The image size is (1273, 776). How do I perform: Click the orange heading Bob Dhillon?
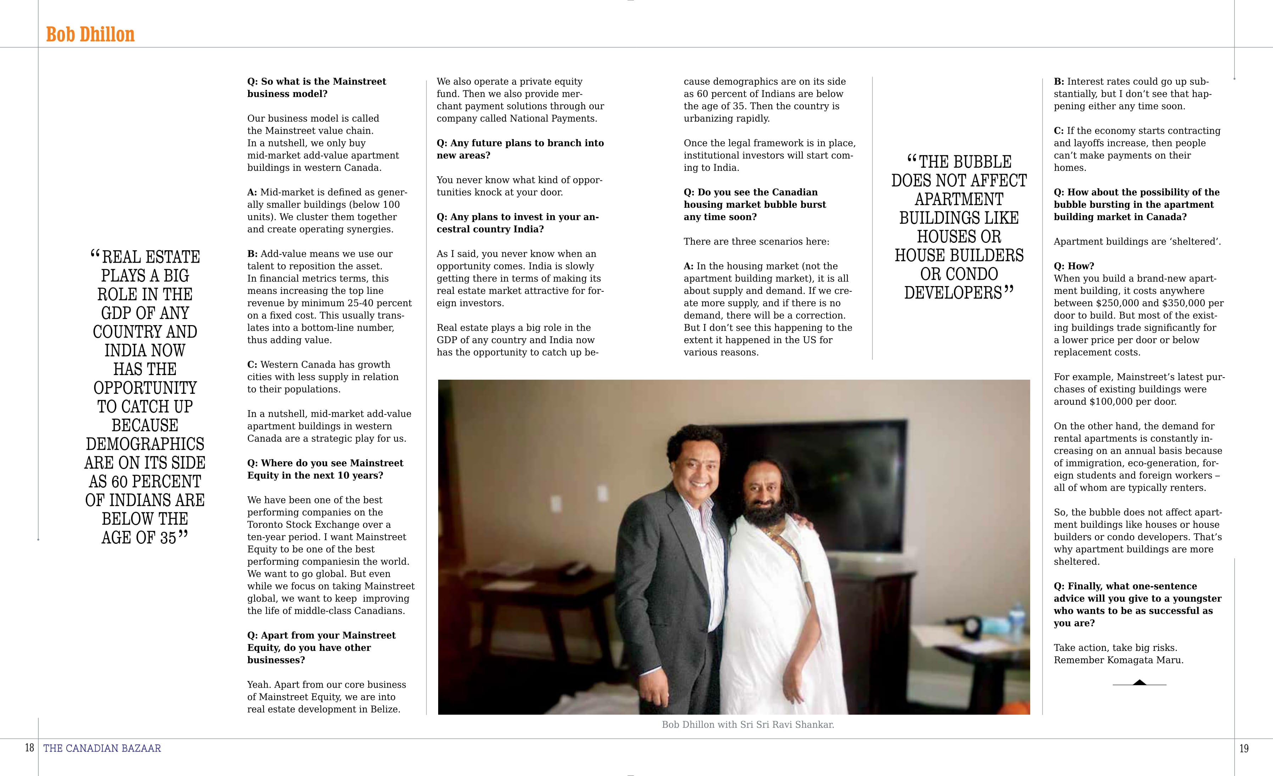click(x=90, y=35)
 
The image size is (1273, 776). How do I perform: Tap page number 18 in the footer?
click(x=29, y=748)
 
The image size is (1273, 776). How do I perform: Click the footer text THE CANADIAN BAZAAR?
click(x=102, y=748)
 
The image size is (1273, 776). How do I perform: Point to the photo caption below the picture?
click(x=748, y=724)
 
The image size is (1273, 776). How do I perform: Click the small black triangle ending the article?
click(x=1139, y=682)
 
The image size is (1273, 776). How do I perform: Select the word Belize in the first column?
click(x=385, y=709)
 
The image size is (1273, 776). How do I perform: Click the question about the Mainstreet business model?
click(x=316, y=87)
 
